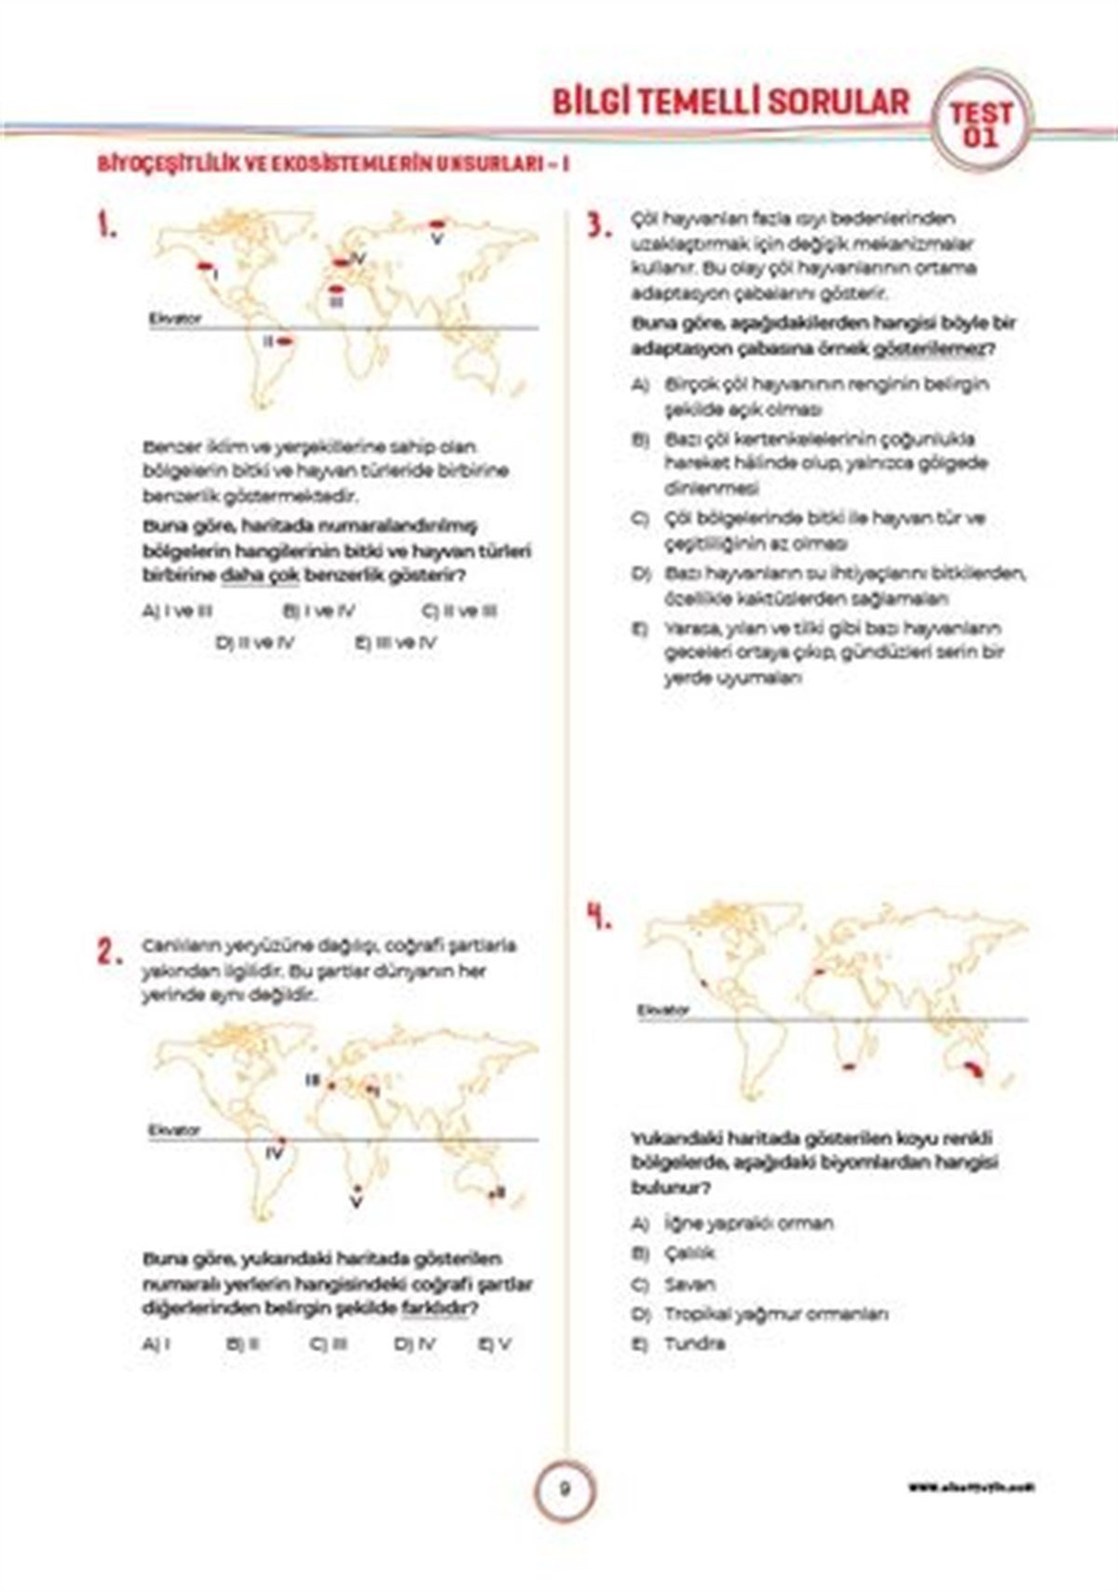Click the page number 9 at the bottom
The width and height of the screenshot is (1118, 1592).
pyautogui.click(x=564, y=1488)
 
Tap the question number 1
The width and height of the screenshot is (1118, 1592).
pyautogui.click(x=108, y=225)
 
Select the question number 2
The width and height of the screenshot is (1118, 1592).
pyautogui.click(x=109, y=951)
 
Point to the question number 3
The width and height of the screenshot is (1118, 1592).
pyautogui.click(x=598, y=225)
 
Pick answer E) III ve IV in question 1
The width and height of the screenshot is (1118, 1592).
pyautogui.click(x=396, y=643)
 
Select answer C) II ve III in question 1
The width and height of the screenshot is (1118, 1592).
pyautogui.click(x=459, y=612)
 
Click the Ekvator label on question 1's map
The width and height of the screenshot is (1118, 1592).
pyautogui.click(x=175, y=319)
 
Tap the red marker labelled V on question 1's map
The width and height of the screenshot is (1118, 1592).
pyautogui.click(x=437, y=224)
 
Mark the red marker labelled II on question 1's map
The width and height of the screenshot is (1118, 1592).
pyautogui.click(x=286, y=342)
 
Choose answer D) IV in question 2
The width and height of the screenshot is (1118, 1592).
pyautogui.click(x=415, y=1344)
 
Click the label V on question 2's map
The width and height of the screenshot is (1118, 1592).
pyautogui.click(x=355, y=1203)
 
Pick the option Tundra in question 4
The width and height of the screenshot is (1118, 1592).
pyautogui.click(x=693, y=1343)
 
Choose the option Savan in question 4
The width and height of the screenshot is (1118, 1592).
pyautogui.click(x=689, y=1285)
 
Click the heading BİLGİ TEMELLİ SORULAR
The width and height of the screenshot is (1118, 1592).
pyautogui.click(x=730, y=102)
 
